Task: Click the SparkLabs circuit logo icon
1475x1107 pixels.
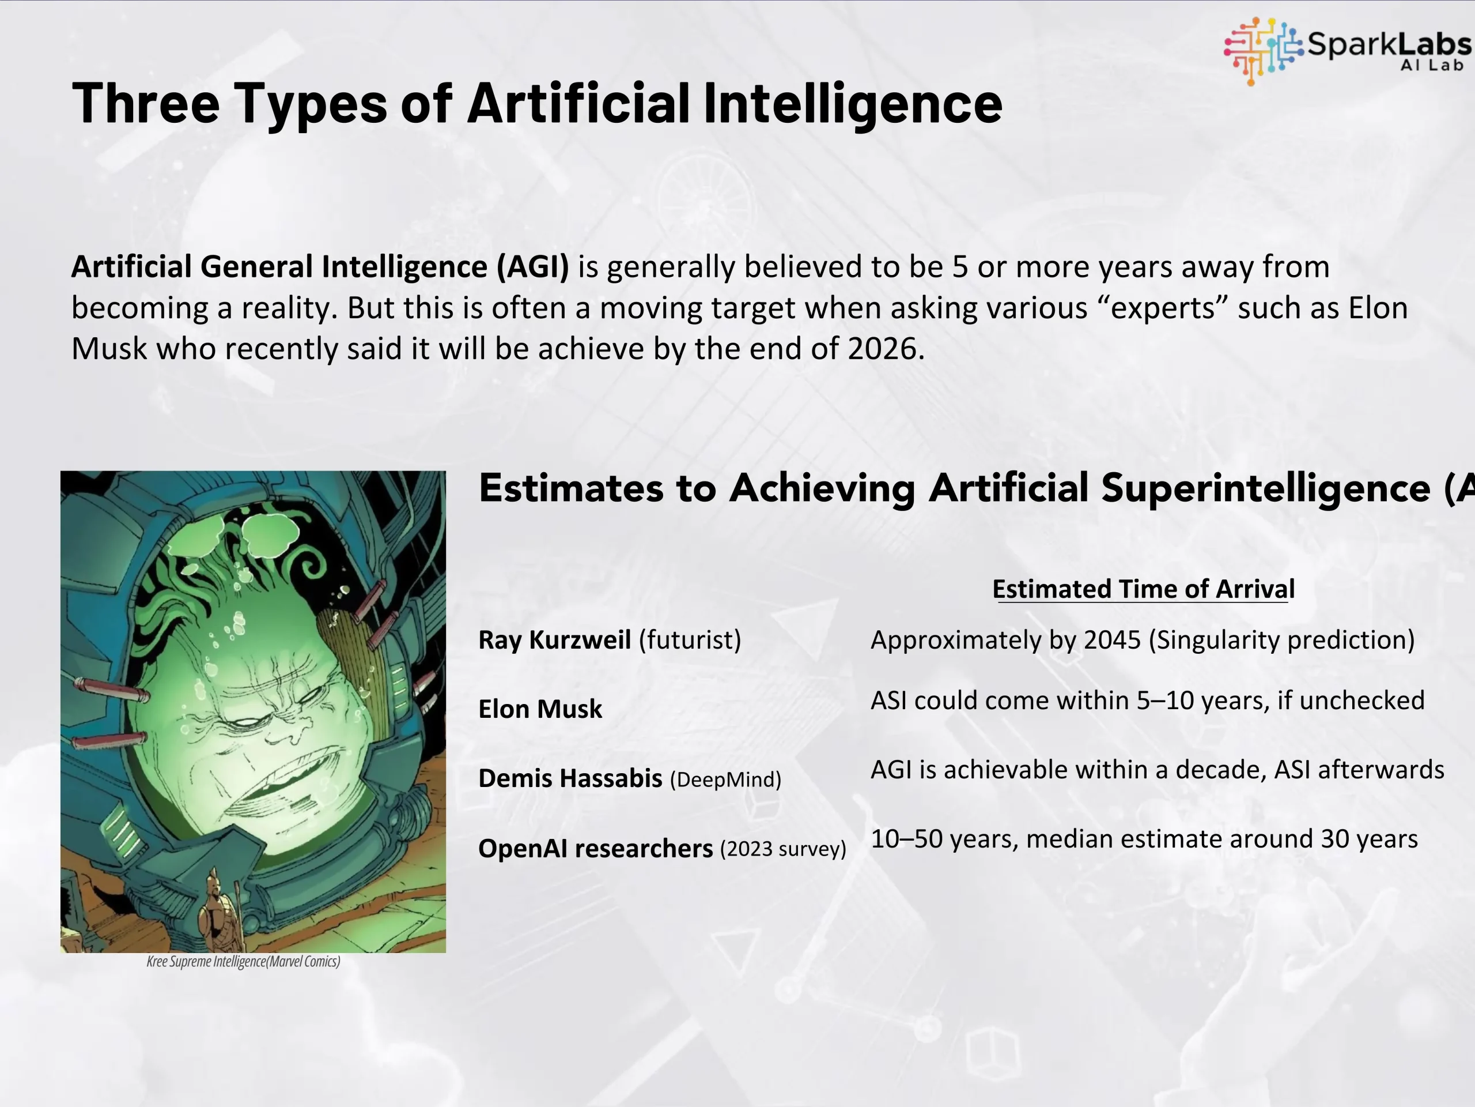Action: click(x=1263, y=51)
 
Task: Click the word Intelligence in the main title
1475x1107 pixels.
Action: click(x=853, y=103)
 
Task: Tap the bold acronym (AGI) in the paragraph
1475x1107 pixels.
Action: click(x=532, y=266)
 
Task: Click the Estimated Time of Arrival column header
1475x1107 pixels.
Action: click(x=1144, y=589)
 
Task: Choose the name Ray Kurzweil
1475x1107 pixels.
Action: click(x=555, y=640)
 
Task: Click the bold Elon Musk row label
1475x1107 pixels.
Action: click(x=540, y=709)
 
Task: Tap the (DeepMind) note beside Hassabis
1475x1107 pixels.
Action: click(x=725, y=780)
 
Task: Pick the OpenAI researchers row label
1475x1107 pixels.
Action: click(x=595, y=848)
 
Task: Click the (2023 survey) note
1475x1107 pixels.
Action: click(x=783, y=849)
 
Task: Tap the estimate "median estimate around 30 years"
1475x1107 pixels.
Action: click(x=1221, y=839)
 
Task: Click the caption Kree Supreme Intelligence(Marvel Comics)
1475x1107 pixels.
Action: click(x=243, y=962)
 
